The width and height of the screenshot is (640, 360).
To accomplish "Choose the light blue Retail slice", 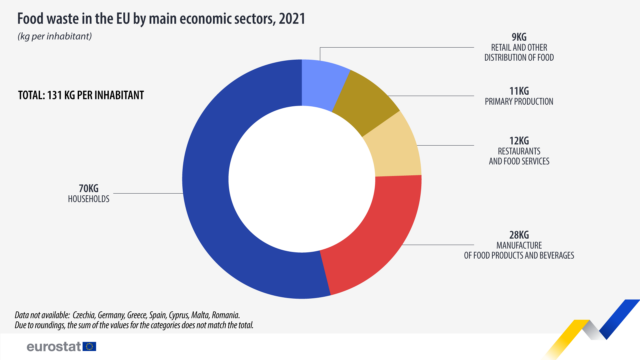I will pos(323,76).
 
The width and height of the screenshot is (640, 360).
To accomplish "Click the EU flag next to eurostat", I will pos(90,345).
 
